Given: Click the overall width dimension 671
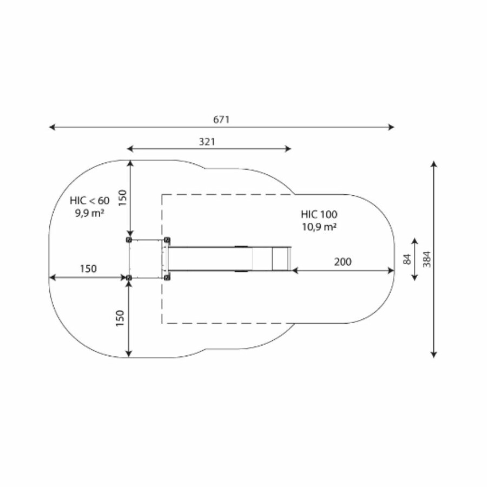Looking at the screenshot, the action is (x=221, y=120).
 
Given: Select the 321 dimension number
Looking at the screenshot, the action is (x=207, y=142).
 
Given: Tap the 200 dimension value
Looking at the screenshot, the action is (x=343, y=262).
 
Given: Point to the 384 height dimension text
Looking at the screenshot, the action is (x=427, y=259).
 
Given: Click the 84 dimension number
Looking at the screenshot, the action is (x=407, y=259).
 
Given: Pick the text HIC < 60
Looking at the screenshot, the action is (x=89, y=201).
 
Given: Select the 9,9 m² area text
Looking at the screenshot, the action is (x=89, y=213).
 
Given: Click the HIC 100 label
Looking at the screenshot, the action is (x=319, y=214).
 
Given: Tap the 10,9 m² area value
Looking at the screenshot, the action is (x=319, y=227).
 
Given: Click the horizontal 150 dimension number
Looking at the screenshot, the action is (x=88, y=268).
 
